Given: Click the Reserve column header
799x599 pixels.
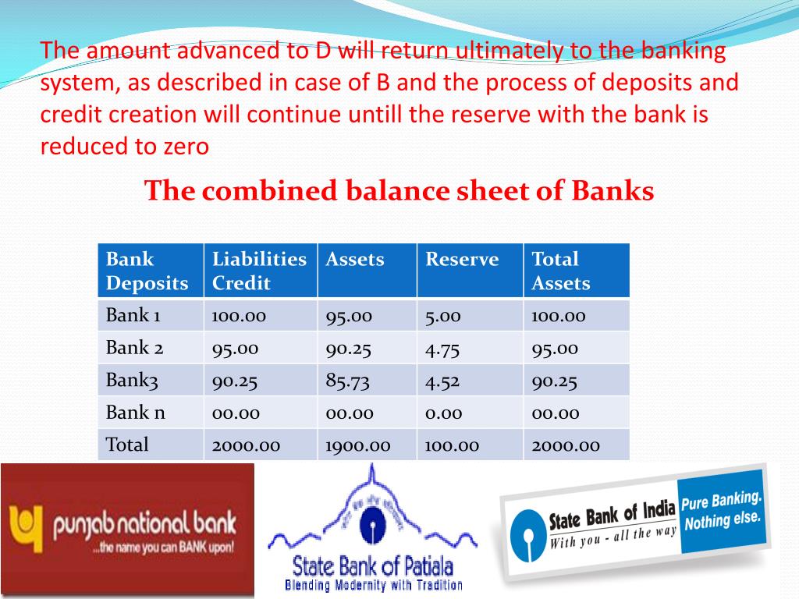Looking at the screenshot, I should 462,260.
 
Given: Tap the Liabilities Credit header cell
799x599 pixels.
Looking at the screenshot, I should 259,271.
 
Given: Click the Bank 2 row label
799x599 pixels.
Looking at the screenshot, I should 133,348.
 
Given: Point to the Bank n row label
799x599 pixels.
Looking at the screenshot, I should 136,413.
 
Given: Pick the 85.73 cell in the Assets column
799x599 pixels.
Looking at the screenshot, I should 350,381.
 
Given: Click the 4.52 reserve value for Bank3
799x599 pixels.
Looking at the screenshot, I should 443,381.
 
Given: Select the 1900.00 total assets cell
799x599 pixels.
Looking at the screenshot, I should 358,445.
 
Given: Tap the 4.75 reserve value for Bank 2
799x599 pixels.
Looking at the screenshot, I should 443,348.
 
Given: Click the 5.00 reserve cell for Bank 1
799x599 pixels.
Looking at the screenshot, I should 443,316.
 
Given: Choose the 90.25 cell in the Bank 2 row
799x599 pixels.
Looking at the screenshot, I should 350,348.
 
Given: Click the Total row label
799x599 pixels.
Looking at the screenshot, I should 127,445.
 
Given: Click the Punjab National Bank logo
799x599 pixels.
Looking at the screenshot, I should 127,530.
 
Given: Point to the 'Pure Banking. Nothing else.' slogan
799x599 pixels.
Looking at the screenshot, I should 722,511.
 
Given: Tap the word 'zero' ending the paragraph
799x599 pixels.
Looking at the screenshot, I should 186,147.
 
